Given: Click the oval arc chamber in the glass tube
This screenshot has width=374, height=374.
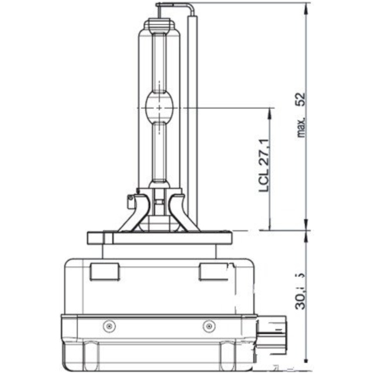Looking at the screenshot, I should (x=160, y=107).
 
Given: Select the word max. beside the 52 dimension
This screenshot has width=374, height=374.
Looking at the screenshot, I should (x=302, y=128).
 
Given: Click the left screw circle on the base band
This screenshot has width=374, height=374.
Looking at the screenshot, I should (x=109, y=325).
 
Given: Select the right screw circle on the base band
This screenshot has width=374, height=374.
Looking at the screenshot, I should (x=209, y=325).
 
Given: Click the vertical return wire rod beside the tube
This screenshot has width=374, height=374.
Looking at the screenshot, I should (x=193, y=118).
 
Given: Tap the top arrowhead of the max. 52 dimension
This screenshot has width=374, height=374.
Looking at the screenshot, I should (x=307, y=7).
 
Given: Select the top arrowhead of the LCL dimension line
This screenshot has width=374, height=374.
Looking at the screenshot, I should (x=270, y=112).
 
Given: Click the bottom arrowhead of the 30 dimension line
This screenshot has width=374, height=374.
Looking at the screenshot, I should (x=307, y=360).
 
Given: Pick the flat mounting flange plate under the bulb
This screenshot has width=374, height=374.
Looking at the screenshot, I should (x=159, y=237).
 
